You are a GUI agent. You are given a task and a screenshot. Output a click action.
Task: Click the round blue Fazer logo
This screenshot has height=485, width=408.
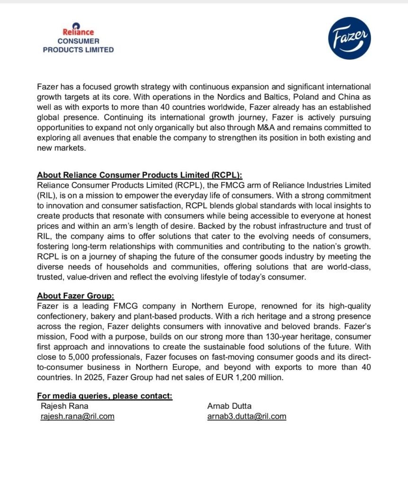350,39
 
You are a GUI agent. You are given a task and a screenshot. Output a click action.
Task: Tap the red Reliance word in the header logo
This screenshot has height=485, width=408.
78,32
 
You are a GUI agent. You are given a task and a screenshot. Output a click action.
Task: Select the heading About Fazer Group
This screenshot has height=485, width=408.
76,296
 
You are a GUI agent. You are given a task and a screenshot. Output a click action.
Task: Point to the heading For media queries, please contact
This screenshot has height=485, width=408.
105,396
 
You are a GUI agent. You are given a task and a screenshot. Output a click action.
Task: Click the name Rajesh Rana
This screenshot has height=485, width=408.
65,406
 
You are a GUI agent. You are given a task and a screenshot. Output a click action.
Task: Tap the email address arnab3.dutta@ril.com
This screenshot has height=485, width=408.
247,416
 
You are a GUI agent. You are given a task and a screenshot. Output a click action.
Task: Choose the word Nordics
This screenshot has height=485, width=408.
209,97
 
